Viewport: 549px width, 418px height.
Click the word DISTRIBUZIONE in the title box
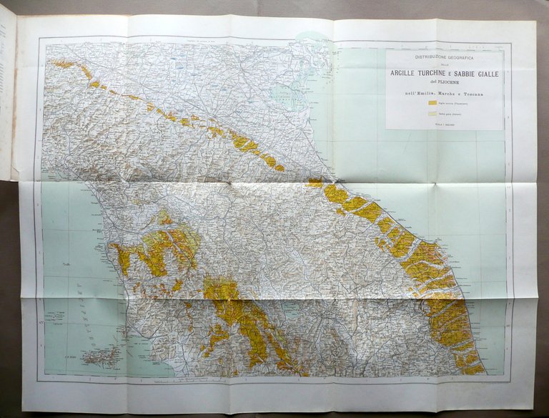427,57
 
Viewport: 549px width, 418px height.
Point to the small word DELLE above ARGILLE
445,64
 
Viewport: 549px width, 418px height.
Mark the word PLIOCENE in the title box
450,82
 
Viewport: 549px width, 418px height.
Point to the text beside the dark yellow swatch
453,104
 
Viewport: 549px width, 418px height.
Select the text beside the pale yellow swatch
450,113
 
